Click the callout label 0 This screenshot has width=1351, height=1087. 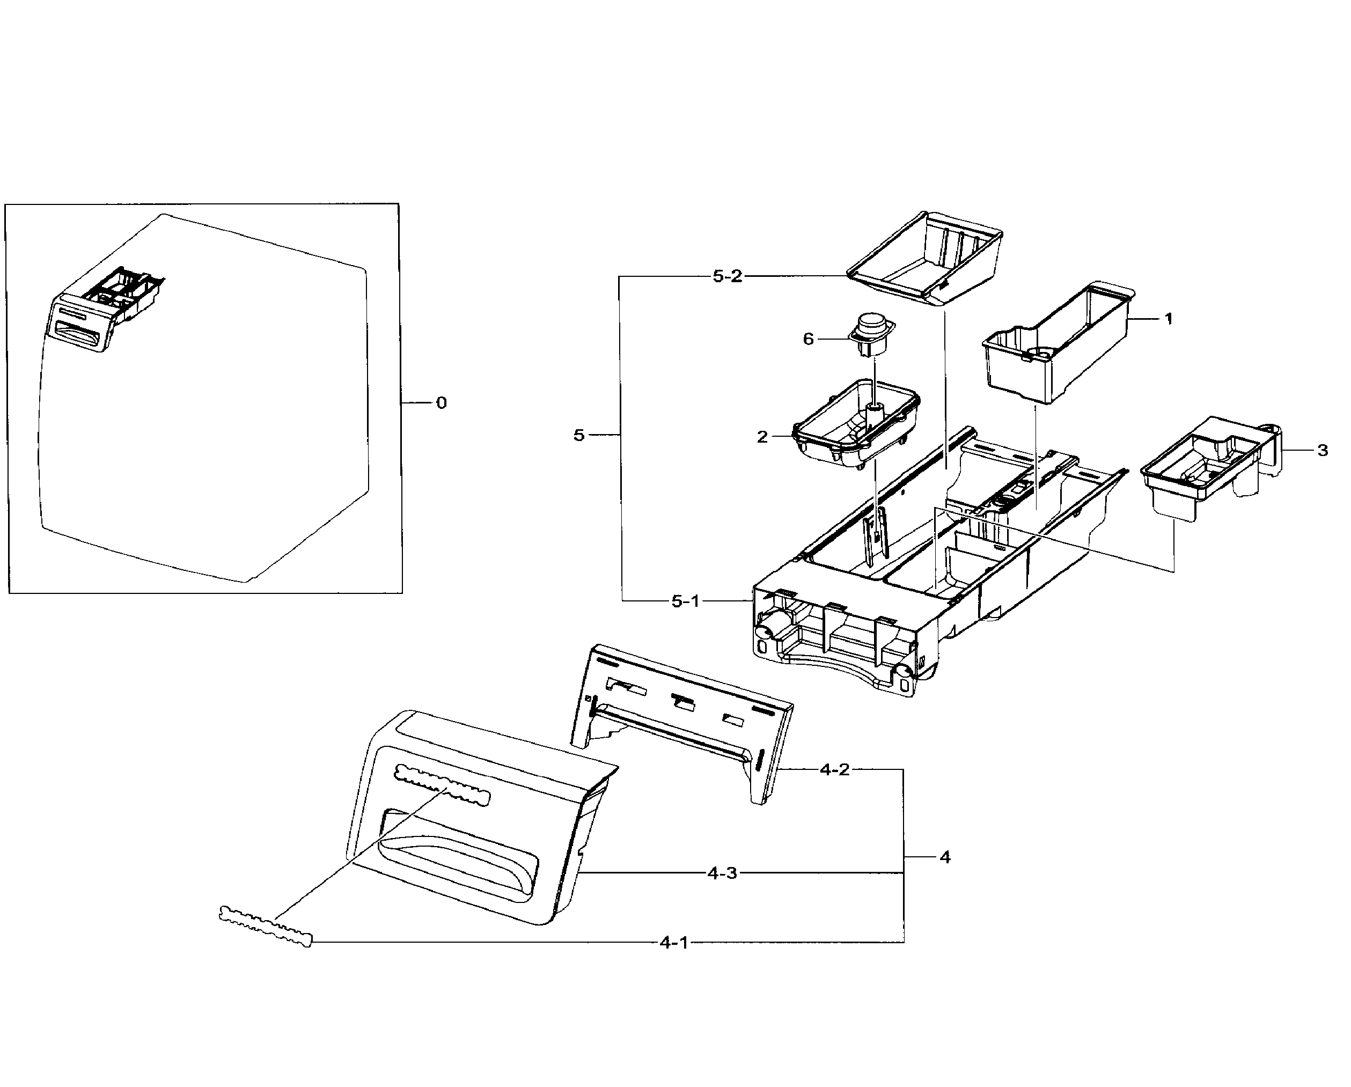click(441, 403)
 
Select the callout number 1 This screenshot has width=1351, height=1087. click(1168, 319)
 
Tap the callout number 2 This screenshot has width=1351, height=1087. click(762, 437)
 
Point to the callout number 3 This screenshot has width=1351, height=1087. click(1322, 451)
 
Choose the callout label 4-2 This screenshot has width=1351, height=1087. click(835, 769)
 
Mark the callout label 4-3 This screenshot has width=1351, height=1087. click(723, 873)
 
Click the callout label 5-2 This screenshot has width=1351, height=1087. click(727, 276)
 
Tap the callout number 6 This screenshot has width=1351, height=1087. click(809, 339)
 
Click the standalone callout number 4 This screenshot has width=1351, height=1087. click(945, 857)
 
